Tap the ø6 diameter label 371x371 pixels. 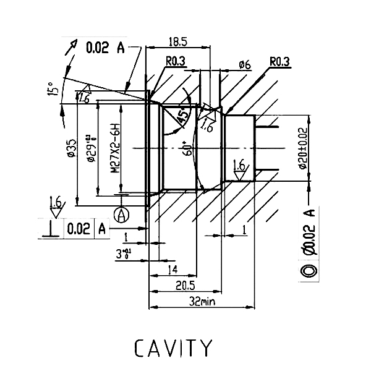click(244, 64)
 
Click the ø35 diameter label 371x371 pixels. click(71, 150)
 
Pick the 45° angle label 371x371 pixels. click(184, 117)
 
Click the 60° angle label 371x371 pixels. click(187, 148)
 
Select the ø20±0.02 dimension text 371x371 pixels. click(302, 148)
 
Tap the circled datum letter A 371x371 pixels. click(122, 215)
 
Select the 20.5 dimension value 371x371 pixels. click(184, 286)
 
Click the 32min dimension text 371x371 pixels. click(202, 301)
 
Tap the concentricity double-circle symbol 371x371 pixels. click(309, 271)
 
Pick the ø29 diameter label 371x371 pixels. click(91, 148)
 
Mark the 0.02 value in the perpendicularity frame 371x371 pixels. click(79, 229)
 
